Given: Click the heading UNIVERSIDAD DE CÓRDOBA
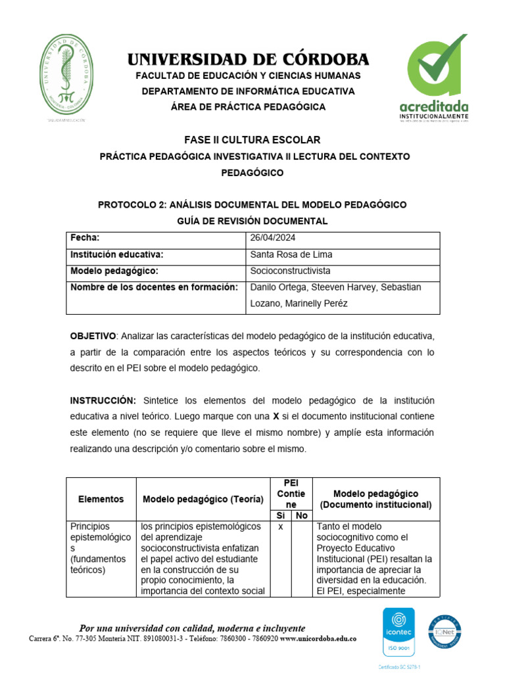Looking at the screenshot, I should click(x=248, y=59).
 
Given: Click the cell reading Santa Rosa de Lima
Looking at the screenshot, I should click(x=291, y=254).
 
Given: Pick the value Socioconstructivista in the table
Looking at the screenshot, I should click(x=290, y=271).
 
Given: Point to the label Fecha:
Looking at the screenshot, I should click(x=85, y=238).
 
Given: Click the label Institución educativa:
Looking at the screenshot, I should click(x=116, y=254).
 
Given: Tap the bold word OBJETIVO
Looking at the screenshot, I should click(x=93, y=336).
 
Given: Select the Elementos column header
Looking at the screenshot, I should click(x=101, y=499).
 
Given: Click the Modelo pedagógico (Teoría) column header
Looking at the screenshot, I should click(x=203, y=499).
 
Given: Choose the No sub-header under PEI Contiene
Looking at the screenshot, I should click(x=301, y=516).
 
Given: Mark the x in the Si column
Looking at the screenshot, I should click(x=281, y=527).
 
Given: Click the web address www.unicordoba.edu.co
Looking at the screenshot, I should click(x=318, y=639).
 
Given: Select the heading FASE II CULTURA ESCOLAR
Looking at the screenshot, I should click(x=252, y=140).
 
